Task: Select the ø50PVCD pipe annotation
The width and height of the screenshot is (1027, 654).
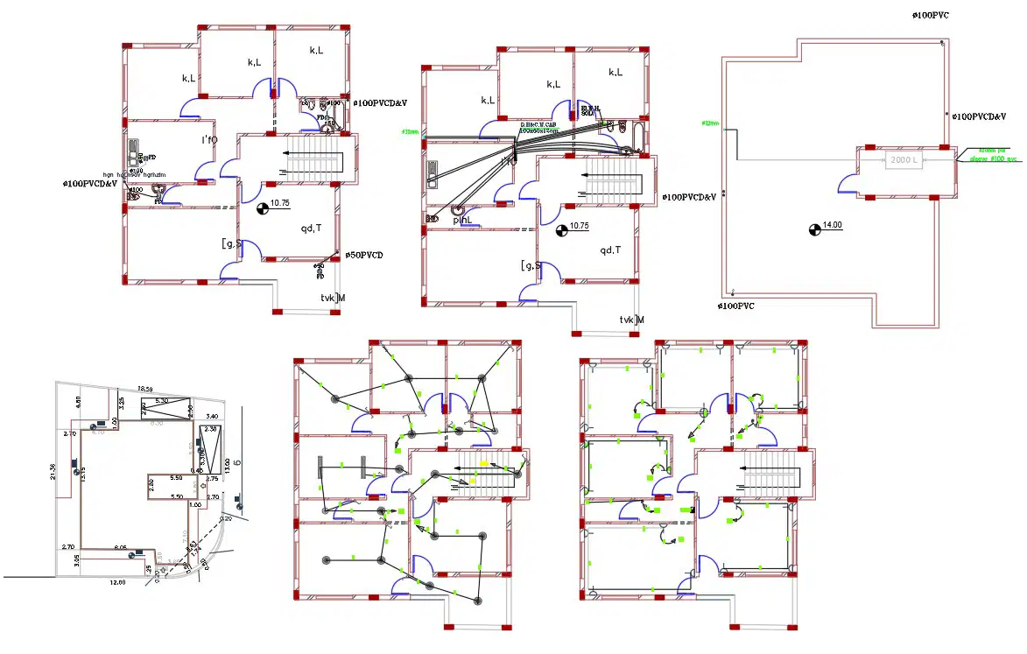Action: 363,255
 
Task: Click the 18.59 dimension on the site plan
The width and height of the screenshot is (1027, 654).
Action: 143,389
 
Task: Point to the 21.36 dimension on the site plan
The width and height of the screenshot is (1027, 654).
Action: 54,472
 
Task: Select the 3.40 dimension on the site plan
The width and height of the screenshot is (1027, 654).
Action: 211,417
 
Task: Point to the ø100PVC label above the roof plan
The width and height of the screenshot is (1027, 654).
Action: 930,16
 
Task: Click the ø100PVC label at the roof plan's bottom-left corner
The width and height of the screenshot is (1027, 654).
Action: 735,306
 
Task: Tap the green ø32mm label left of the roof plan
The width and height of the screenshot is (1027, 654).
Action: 709,123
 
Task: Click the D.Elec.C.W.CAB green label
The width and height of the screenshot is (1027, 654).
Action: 539,126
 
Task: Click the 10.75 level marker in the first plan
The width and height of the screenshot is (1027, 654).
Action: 279,203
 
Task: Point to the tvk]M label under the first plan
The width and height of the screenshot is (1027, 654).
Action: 333,299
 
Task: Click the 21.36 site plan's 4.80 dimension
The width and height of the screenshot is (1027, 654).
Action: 78,404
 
